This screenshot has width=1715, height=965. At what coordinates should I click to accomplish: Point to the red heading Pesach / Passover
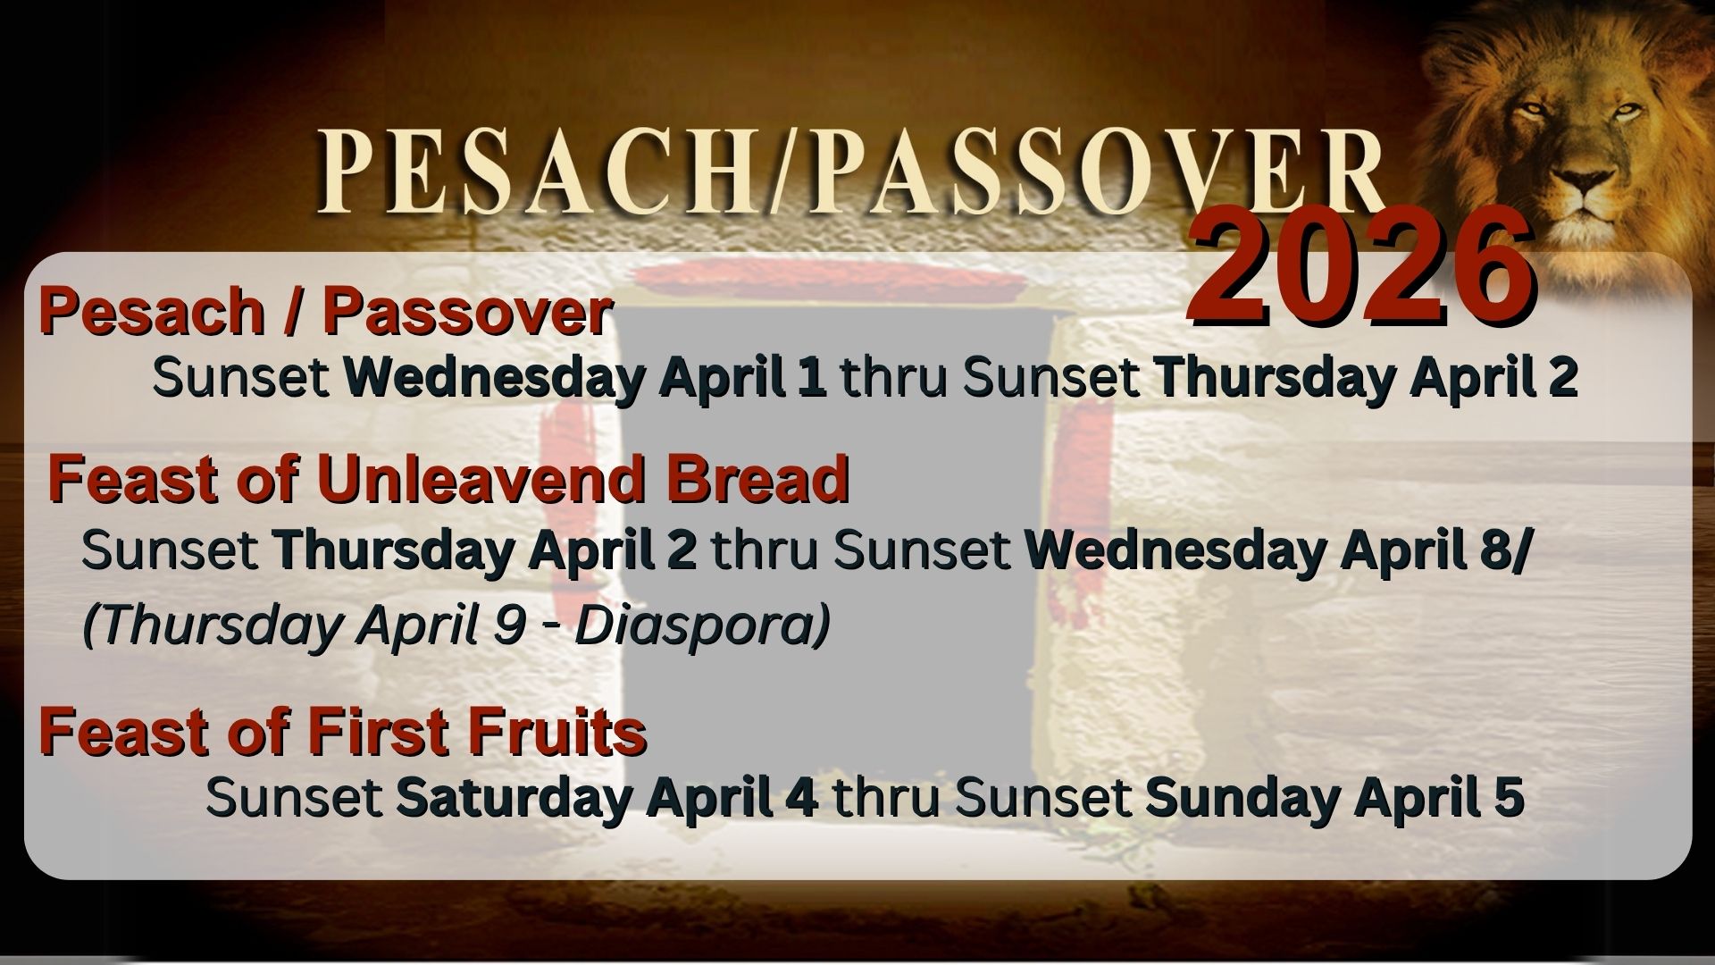coord(325,313)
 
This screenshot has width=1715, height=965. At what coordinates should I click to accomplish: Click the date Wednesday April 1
coord(585,379)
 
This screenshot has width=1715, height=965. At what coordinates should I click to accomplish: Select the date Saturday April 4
coord(607,798)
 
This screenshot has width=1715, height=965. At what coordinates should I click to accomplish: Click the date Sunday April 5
coord(1334,798)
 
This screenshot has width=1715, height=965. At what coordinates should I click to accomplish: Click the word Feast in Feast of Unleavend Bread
coord(112,480)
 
